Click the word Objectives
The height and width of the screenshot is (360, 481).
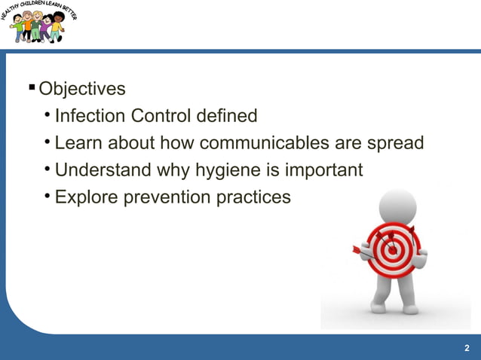click(82, 90)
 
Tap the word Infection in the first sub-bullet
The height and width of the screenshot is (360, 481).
click(90, 117)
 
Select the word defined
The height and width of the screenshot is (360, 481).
click(227, 117)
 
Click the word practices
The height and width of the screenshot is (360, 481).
click(253, 197)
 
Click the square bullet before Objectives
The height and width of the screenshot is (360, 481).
click(32, 89)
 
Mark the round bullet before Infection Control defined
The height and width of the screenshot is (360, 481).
click(47, 115)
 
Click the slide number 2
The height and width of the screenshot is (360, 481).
click(467, 347)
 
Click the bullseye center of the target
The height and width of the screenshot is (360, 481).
click(393, 249)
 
